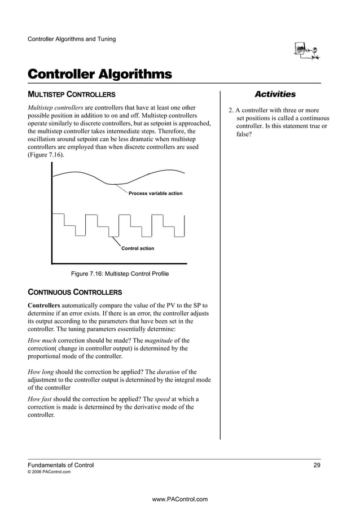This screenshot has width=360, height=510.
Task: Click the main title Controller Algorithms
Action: coord(100,75)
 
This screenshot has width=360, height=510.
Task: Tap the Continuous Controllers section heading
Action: coord(74,293)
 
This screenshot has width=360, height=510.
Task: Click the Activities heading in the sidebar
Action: coord(275,94)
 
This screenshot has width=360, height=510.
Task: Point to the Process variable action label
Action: coord(155,193)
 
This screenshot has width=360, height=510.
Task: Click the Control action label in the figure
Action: coord(138,249)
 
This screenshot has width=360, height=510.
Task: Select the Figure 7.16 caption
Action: coord(119,274)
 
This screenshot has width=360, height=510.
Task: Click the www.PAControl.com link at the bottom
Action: coord(180,499)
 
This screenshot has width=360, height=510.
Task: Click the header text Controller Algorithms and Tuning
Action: coord(72,39)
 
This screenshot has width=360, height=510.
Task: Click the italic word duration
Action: coord(166,372)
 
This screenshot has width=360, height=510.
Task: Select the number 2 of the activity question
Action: coord(230,110)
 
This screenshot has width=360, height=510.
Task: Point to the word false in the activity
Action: coord(243,135)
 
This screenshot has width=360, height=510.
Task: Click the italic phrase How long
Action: coord(42,372)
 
